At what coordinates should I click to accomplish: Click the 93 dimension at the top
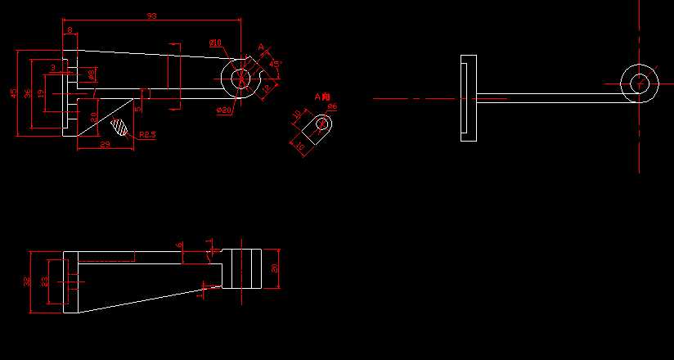(151, 16)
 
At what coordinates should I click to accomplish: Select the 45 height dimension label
(13, 93)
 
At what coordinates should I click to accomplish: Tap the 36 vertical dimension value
(28, 93)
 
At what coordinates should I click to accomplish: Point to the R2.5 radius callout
(147, 134)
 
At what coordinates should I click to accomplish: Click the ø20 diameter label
(224, 110)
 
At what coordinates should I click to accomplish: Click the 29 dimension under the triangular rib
(104, 145)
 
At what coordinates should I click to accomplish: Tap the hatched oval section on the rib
(121, 126)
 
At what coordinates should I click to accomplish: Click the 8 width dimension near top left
(70, 30)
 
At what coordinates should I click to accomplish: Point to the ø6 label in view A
(332, 106)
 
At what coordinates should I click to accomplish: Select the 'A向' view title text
(322, 97)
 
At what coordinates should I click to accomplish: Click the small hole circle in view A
(322, 124)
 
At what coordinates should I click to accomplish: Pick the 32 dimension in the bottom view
(28, 281)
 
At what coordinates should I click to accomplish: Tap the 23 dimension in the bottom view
(44, 281)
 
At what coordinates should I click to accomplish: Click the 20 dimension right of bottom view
(275, 268)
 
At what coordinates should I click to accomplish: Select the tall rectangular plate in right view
(469, 97)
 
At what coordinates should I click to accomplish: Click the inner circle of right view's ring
(640, 83)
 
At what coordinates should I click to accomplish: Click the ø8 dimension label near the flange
(91, 74)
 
